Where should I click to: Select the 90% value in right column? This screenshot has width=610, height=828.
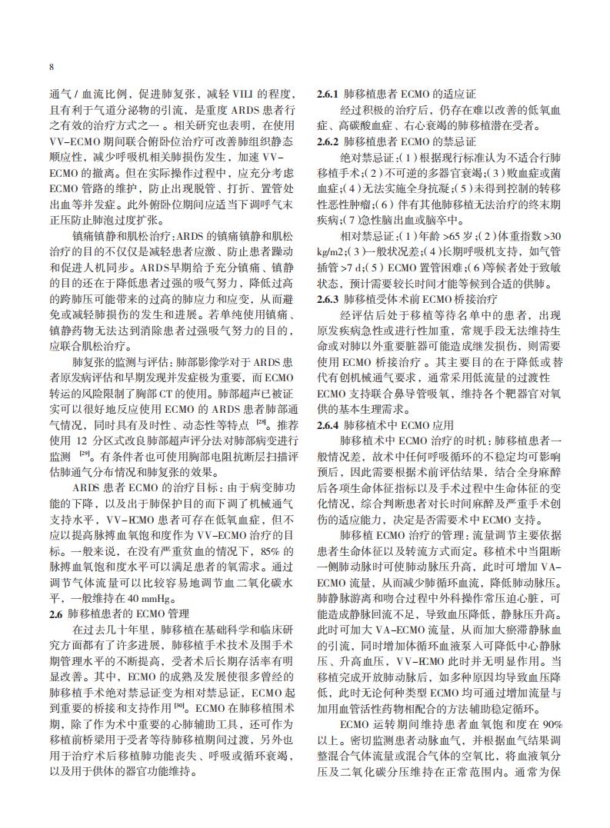click(552, 724)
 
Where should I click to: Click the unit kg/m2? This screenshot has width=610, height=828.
click(332, 252)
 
